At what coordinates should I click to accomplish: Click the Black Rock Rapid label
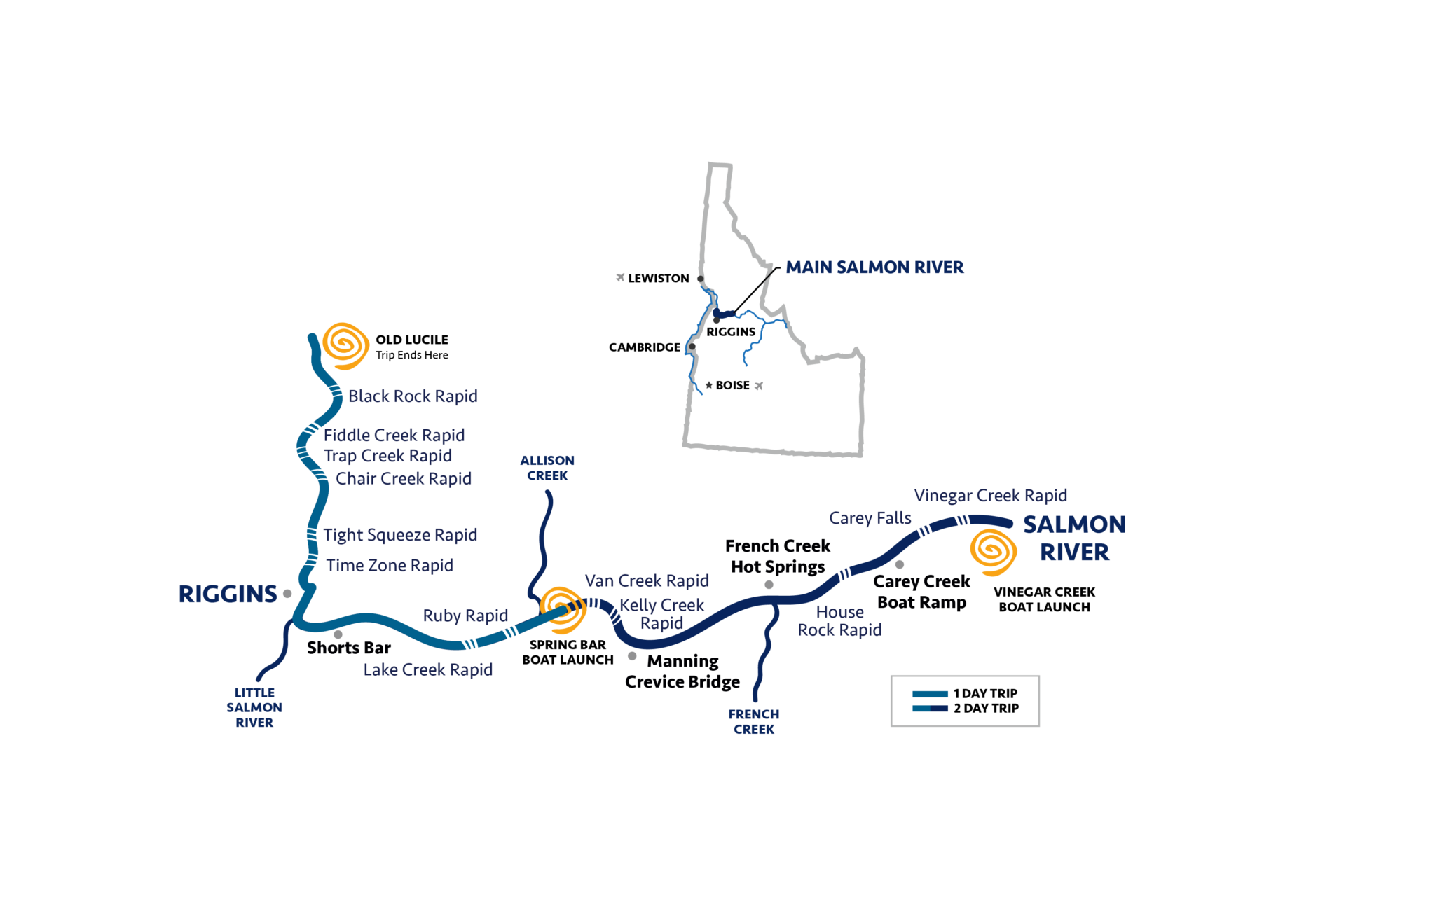tap(413, 396)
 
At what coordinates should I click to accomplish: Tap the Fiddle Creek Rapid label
tap(394, 436)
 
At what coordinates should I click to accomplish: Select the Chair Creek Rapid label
tap(403, 479)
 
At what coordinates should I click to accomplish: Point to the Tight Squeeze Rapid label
tap(401, 535)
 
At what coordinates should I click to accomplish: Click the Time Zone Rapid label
tap(390, 566)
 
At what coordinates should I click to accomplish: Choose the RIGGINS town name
tap(228, 594)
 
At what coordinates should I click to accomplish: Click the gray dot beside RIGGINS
tap(287, 594)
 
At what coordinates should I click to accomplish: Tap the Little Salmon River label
tap(254, 707)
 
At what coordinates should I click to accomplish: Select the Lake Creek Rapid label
tap(427, 670)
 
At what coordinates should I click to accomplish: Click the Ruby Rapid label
tap(465, 616)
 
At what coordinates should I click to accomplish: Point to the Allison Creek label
tap(547, 468)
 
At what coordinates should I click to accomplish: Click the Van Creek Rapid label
tap(647, 581)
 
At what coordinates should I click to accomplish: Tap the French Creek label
tap(754, 722)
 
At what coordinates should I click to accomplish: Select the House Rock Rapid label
tap(839, 621)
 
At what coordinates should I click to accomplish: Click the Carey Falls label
tap(870, 518)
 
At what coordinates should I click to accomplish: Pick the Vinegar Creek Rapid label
tap(990, 496)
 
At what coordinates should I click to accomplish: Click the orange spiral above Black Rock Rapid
tap(345, 345)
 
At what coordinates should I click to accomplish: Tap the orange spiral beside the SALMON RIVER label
tap(993, 552)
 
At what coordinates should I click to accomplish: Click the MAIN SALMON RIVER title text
tap(874, 267)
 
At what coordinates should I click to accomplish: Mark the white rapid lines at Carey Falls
tap(925, 536)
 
